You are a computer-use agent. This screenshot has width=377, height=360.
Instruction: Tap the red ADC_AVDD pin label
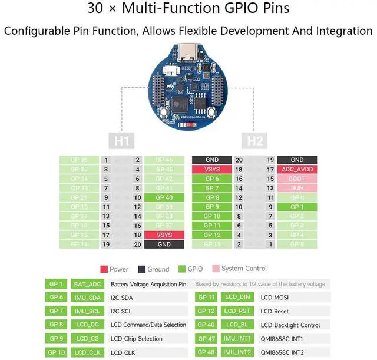point(297,169)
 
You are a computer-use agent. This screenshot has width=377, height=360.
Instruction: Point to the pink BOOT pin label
point(297,179)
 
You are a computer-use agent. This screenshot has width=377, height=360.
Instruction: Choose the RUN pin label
point(297,188)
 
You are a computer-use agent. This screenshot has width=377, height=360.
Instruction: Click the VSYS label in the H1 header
point(164,235)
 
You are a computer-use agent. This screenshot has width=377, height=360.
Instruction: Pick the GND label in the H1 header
point(164,245)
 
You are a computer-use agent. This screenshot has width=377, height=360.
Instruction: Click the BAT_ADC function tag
point(88,284)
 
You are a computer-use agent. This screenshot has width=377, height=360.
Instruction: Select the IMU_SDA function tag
point(88,298)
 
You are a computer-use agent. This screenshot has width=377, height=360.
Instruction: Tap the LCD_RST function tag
point(237,311)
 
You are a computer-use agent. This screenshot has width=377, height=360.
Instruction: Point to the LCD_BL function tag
point(237,325)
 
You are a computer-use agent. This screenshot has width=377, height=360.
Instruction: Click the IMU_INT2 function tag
point(237,352)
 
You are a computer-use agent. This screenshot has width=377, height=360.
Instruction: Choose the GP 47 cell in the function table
point(206,339)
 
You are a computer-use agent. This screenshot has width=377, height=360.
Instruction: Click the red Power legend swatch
point(104,269)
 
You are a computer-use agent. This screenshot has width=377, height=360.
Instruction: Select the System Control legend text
point(244,269)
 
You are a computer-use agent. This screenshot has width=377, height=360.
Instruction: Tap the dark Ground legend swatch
point(142,269)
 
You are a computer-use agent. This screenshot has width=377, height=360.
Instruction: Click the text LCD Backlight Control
point(290,325)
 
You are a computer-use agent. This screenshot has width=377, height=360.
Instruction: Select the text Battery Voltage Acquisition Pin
point(148,284)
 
